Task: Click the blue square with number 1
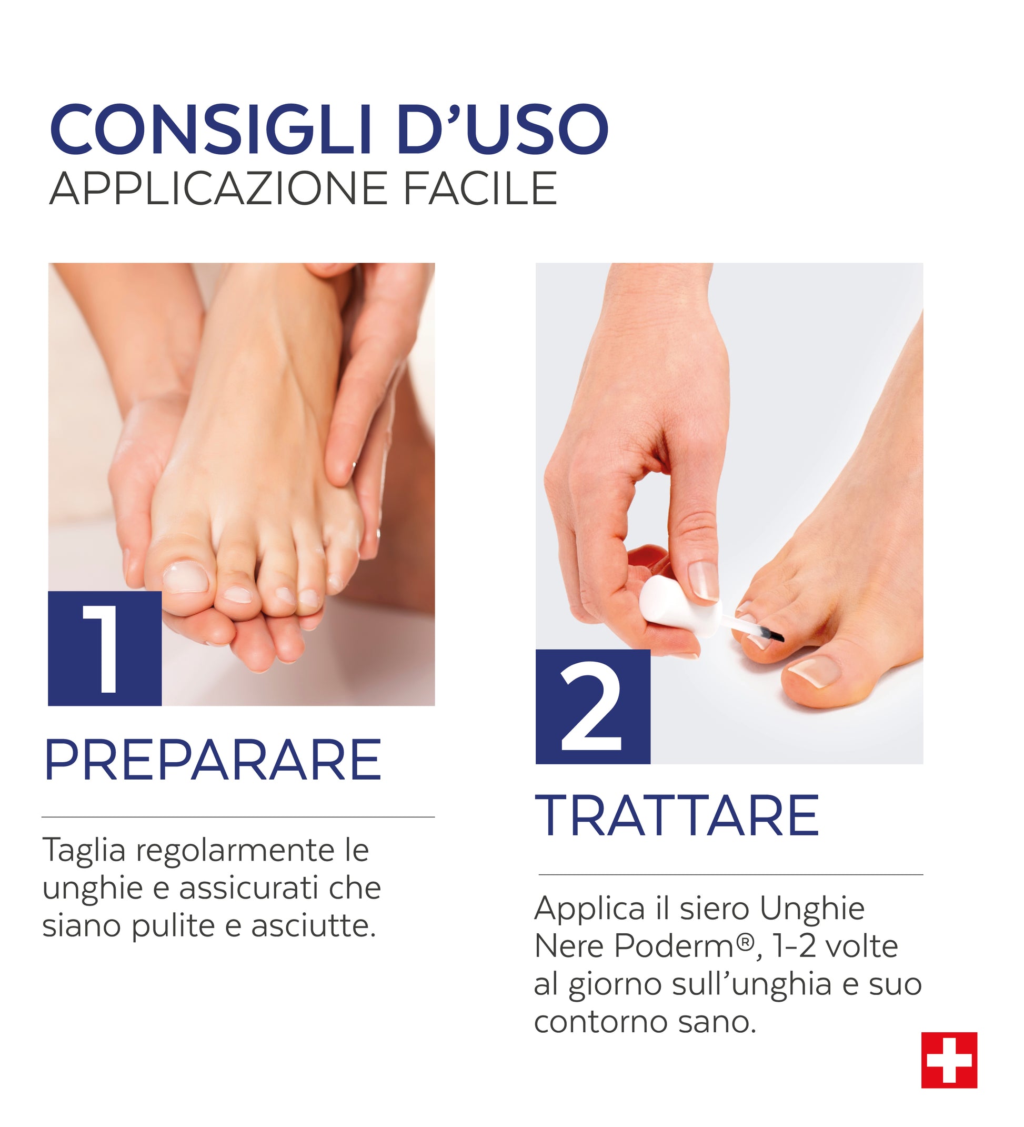[105, 649]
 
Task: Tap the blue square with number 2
[593, 706]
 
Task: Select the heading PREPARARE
[213, 760]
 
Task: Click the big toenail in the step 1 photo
[185, 577]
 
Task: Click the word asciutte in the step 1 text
[313, 926]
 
